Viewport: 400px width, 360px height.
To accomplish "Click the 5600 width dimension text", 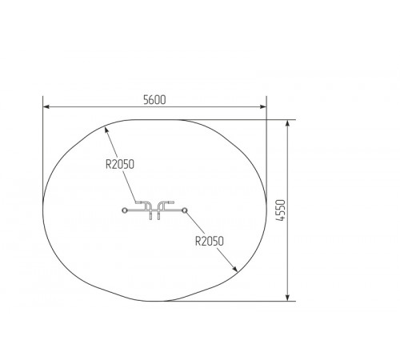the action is (154, 100).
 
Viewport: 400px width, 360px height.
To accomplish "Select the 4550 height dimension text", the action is (281, 210).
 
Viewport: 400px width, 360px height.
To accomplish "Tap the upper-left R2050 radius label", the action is (120, 164).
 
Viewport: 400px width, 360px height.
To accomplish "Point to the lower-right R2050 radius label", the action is (210, 241).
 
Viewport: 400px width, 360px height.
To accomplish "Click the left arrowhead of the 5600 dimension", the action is (46, 106).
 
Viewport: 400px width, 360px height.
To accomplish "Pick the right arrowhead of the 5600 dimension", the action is (263, 106).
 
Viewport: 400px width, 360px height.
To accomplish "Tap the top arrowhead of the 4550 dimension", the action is (287, 123).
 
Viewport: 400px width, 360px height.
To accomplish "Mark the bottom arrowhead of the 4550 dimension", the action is (287, 298).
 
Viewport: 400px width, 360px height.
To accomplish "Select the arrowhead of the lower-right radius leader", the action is (234, 269).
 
